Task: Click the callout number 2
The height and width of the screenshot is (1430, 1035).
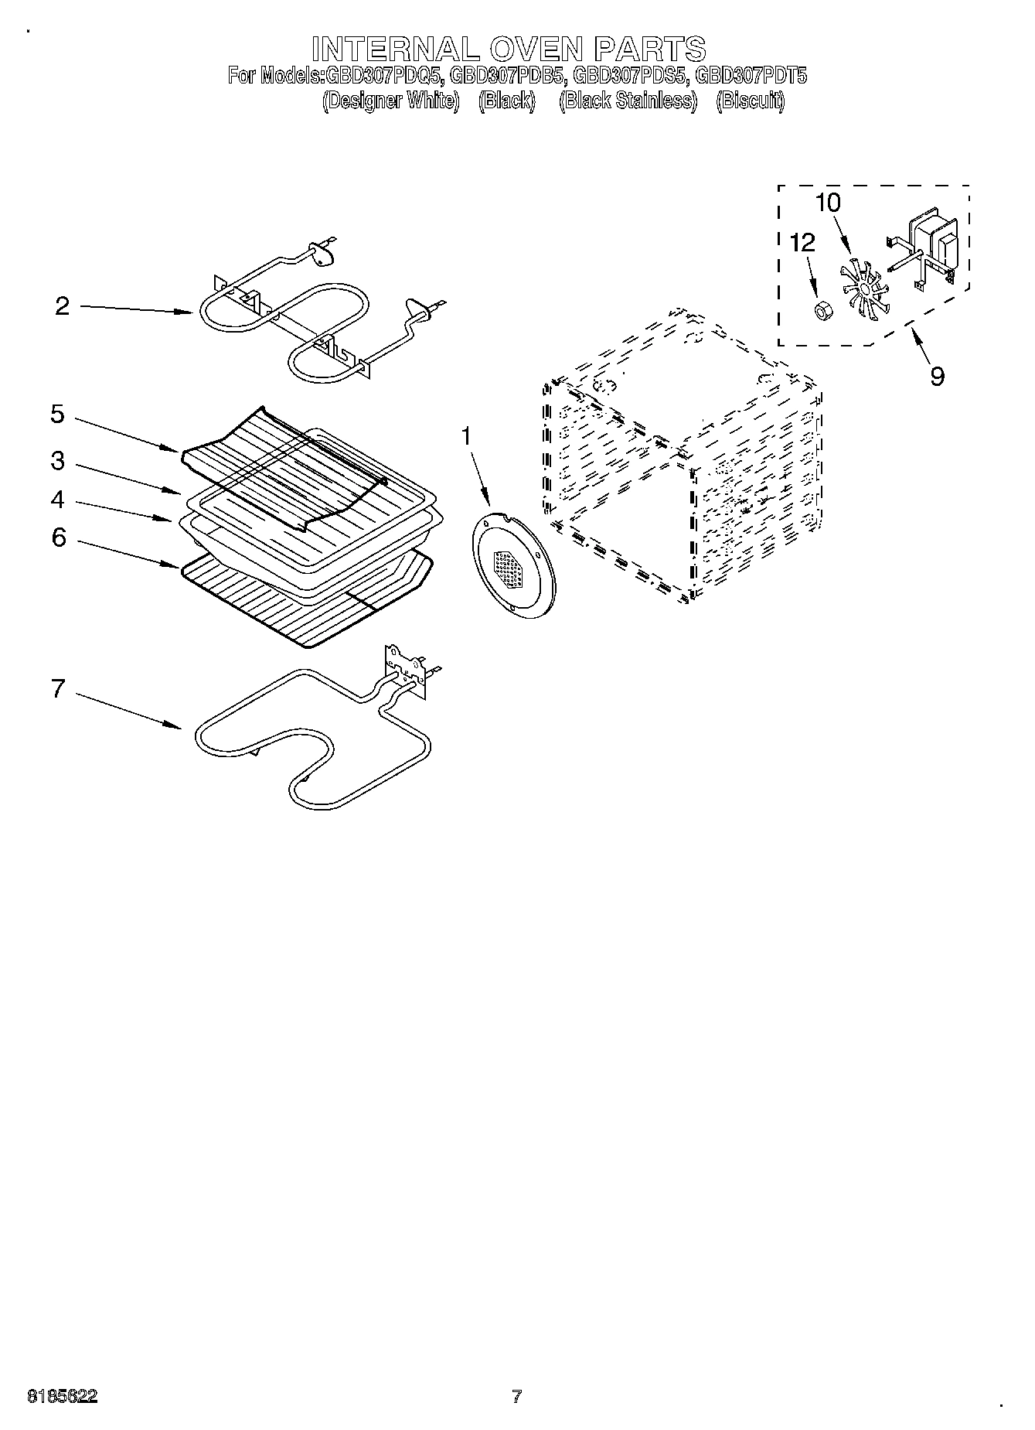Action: point(63,306)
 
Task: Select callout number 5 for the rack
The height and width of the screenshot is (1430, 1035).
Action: point(58,414)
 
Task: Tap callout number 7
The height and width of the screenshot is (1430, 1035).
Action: point(58,688)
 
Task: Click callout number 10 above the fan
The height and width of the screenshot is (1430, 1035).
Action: point(828,203)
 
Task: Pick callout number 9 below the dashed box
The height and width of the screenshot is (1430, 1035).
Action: point(937,376)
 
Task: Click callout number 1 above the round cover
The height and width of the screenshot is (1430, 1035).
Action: point(466,436)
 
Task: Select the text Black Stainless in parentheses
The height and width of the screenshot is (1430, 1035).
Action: point(628,101)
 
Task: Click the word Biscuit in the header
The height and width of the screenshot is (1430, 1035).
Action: point(750,101)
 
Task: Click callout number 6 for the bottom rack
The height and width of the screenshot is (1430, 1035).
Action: point(60,537)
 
